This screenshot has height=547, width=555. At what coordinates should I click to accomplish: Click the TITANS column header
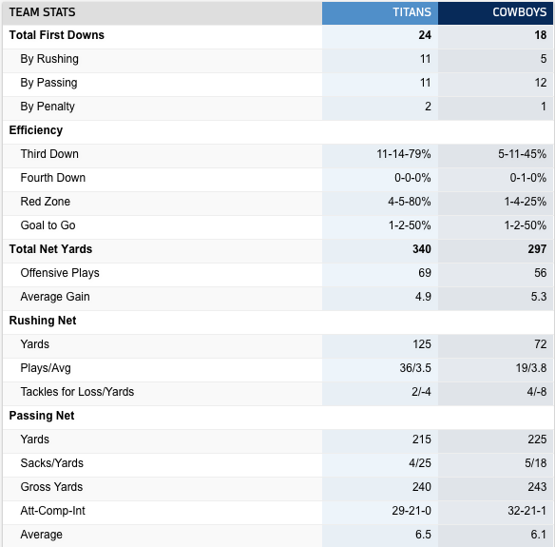(x=411, y=12)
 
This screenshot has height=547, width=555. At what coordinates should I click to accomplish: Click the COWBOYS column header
(x=519, y=12)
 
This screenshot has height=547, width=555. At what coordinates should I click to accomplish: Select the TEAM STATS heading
(x=42, y=12)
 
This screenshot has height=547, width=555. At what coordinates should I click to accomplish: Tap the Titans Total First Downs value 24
(x=425, y=35)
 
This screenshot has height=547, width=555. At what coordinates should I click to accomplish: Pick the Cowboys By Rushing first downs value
(x=544, y=59)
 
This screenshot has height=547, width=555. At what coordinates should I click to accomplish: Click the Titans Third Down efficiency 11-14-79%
(x=404, y=154)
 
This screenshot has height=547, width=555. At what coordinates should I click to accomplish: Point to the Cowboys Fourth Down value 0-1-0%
(x=527, y=178)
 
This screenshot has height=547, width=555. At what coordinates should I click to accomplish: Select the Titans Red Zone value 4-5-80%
(x=410, y=202)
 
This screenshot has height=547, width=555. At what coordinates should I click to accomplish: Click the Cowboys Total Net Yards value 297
(x=537, y=249)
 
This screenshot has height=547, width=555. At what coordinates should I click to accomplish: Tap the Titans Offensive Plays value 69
(x=425, y=273)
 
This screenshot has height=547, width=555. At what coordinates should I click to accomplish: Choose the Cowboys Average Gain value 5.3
(x=538, y=297)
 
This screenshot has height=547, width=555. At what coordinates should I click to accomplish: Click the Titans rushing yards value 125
(x=422, y=344)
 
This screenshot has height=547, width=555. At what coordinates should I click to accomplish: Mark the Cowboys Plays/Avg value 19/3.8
(x=531, y=368)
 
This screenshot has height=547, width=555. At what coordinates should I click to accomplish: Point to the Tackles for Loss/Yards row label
(x=77, y=392)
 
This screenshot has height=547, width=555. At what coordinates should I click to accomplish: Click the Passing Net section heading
(x=42, y=416)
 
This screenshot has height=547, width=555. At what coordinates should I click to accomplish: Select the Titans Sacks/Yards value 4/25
(x=420, y=463)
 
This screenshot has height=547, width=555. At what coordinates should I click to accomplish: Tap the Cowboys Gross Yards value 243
(x=537, y=487)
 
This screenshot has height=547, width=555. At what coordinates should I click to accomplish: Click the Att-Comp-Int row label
(x=52, y=511)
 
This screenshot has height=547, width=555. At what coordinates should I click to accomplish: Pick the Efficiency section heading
(x=36, y=130)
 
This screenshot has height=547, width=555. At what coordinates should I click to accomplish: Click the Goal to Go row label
(x=48, y=225)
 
